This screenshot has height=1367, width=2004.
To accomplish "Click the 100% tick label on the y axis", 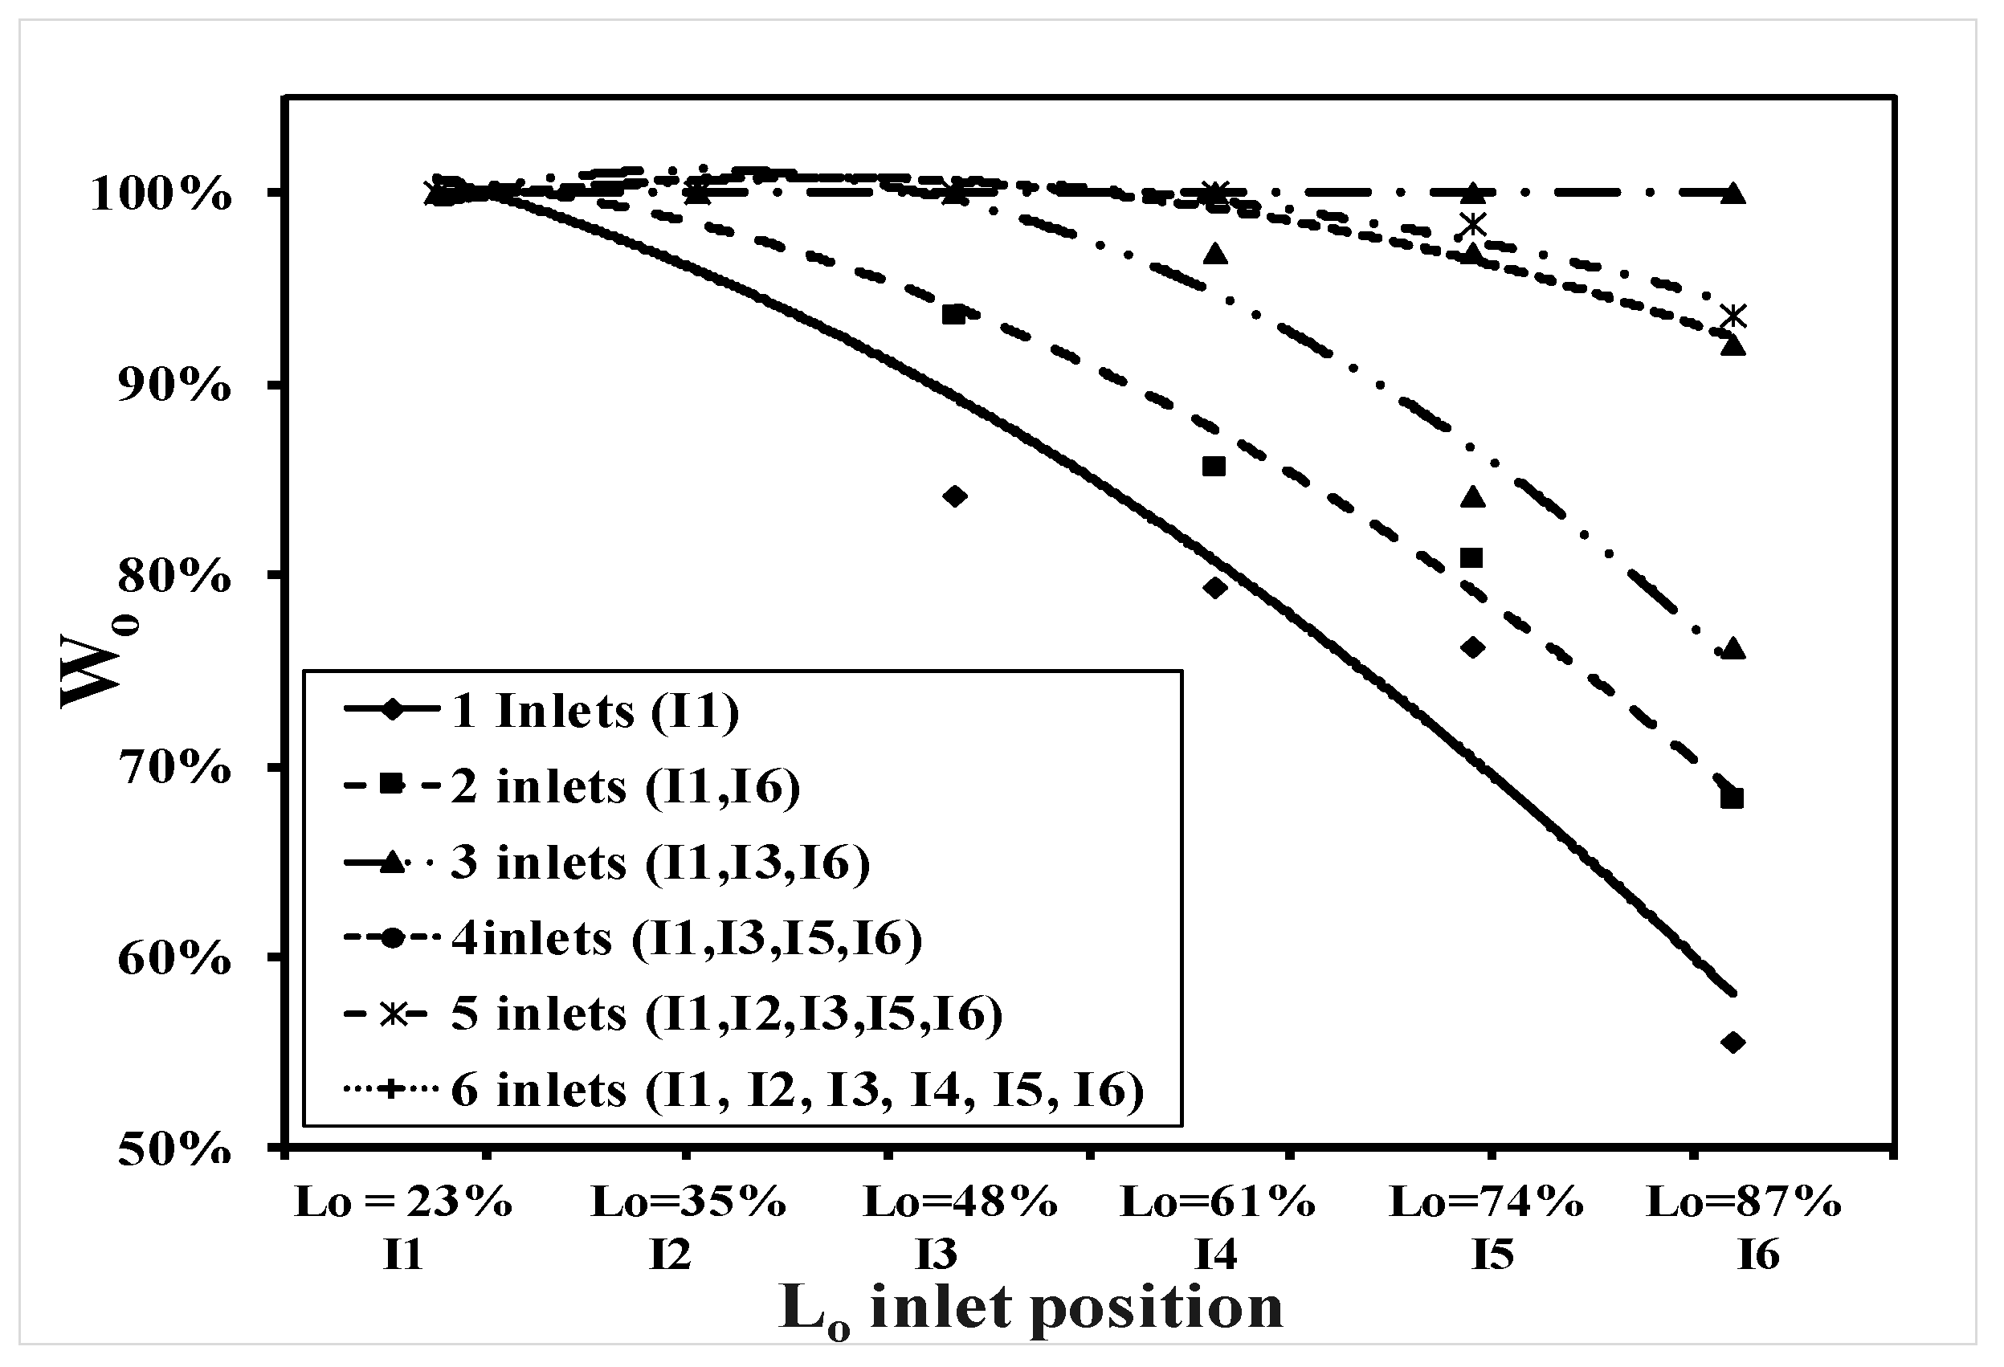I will click(x=161, y=196).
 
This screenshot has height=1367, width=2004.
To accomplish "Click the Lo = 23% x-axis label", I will click(x=403, y=1202).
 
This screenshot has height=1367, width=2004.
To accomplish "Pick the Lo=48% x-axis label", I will click(x=961, y=1202).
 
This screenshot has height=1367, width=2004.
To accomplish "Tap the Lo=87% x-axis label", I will click(x=1744, y=1202).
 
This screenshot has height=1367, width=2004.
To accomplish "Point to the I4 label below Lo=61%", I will click(x=1216, y=1255).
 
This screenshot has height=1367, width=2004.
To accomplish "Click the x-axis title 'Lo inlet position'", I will click(x=1031, y=1309).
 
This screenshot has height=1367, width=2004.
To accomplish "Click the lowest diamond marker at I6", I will click(x=1733, y=1043).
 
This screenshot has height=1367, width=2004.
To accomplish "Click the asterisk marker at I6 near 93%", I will click(x=1733, y=316).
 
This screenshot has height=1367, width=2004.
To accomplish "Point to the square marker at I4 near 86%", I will click(x=1214, y=467).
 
